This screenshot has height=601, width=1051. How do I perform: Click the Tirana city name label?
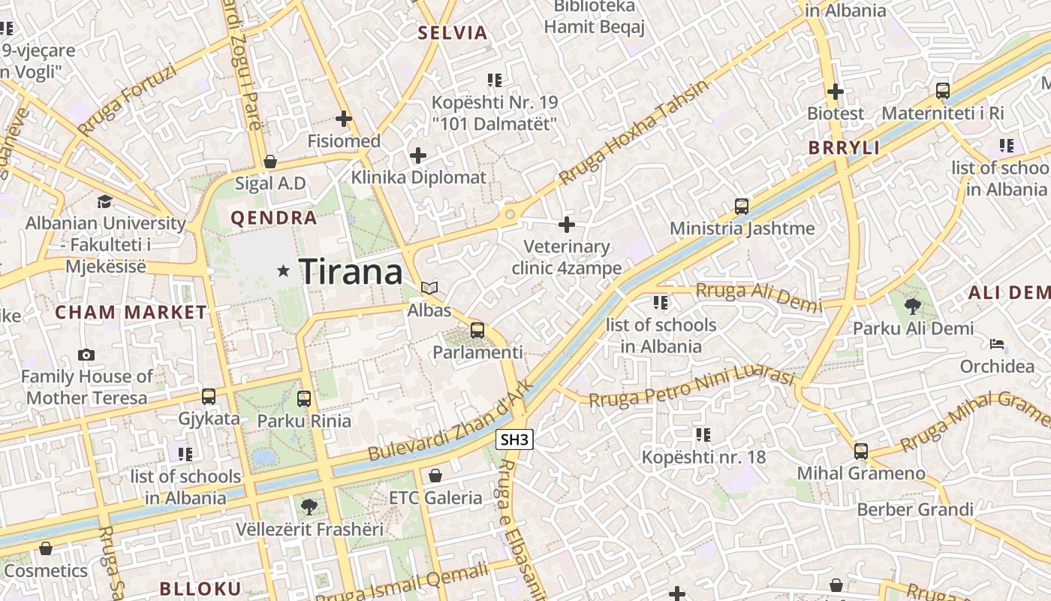click(351, 271)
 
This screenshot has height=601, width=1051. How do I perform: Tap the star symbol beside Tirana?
click(283, 270)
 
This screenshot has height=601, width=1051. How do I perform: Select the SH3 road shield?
click(515, 440)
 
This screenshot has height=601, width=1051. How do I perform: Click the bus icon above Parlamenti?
click(477, 330)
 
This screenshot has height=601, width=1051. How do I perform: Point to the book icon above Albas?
click(429, 288)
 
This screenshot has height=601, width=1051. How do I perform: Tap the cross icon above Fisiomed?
click(344, 118)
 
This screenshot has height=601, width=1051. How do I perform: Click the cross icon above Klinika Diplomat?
click(418, 156)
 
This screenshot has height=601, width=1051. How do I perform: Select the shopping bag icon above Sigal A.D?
click(270, 162)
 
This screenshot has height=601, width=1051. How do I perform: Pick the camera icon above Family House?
click(86, 355)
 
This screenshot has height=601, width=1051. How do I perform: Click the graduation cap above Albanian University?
click(104, 201)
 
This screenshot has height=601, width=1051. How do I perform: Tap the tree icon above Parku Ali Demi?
click(913, 306)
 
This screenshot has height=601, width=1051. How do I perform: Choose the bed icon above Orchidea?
click(997, 344)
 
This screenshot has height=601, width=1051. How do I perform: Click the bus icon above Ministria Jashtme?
click(742, 206)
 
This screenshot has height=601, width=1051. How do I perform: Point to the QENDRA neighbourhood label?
click(274, 219)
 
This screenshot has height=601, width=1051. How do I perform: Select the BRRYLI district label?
click(844, 148)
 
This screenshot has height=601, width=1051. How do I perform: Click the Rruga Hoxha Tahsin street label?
click(634, 134)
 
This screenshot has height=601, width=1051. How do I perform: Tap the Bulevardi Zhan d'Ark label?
click(450, 421)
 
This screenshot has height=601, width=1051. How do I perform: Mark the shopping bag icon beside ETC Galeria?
click(435, 476)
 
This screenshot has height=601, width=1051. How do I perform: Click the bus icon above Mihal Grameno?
click(861, 452)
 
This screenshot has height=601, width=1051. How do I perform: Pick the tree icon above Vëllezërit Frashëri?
click(309, 507)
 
